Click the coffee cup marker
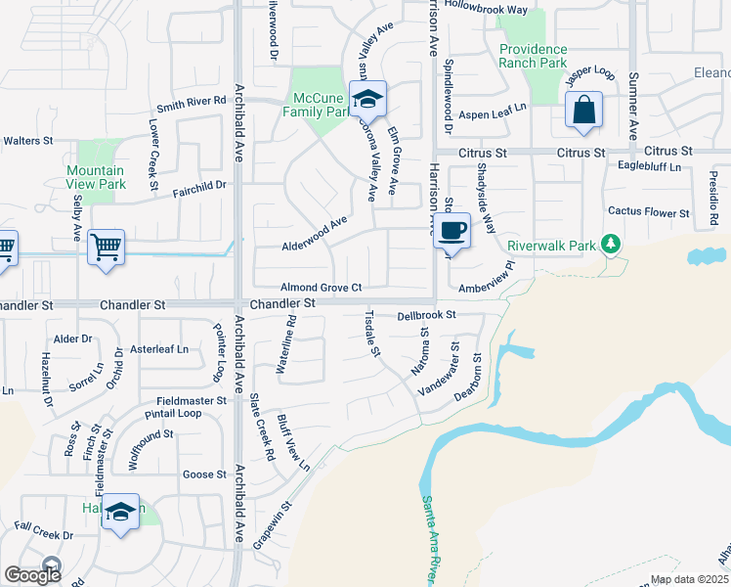[x=451, y=232]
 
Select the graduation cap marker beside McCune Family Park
[x=368, y=99]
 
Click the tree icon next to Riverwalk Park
[x=611, y=242]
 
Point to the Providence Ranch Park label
[x=533, y=56]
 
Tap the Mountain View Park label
[x=96, y=177]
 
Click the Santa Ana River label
[x=434, y=537]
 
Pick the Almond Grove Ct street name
[x=322, y=288]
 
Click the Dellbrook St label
[x=427, y=315]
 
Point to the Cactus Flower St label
[x=649, y=211]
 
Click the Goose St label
[x=204, y=474]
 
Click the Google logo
[x=32, y=574]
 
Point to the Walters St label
[x=27, y=141]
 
